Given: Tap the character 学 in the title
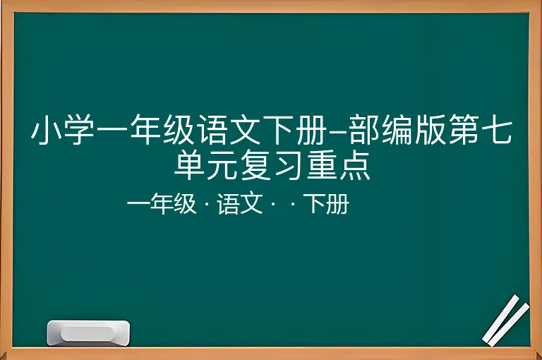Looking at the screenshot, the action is coord(79,129).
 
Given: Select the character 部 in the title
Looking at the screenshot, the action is coord(364,129).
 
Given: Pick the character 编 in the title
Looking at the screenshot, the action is coord(397,129).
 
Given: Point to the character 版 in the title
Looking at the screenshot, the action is coord(430,129).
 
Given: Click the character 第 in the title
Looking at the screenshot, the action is coord(464,129).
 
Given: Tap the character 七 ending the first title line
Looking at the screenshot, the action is coord(497,129).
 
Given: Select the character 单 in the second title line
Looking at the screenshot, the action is coord(188,164).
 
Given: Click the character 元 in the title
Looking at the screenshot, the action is coord(222,165).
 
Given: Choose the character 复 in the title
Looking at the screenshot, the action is coord(255,164).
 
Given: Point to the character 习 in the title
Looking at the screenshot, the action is coord(288,164).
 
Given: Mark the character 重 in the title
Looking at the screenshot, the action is coord(321,164).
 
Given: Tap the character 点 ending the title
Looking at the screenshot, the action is coord(354,164).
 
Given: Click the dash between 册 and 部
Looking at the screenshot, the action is coord(338,131).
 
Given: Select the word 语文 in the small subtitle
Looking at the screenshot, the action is coord(240,204).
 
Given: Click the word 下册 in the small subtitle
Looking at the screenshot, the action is coord(326,204).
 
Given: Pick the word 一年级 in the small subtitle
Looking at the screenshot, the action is coord(162,204).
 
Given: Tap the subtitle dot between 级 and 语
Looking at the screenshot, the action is coord(207,204).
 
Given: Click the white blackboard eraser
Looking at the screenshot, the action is coord(88,333).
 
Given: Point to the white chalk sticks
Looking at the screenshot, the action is coord(506,320).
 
